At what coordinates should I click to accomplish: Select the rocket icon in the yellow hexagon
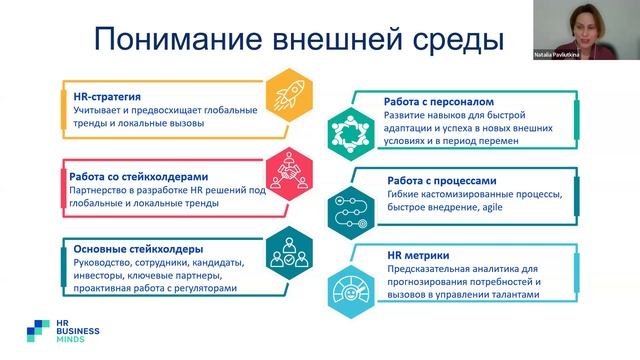[289, 96]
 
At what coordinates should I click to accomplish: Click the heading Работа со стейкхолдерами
[132, 174]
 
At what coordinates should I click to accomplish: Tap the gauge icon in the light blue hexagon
[349, 284]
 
